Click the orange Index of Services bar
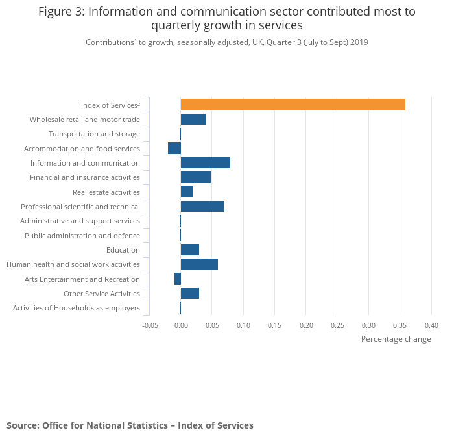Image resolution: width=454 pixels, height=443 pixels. [293, 105]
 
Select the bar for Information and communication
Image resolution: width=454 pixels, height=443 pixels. [205, 163]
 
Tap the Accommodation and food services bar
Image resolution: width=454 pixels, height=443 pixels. [174, 148]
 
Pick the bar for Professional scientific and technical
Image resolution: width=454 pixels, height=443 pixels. [202, 207]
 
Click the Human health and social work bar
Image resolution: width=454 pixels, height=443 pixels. [199, 264]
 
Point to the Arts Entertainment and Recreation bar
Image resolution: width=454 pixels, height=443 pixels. [178, 279]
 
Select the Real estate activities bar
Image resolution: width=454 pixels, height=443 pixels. [187, 192]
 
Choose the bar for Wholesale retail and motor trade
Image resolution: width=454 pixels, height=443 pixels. [193, 119]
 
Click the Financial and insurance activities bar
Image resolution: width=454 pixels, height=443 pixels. [196, 177]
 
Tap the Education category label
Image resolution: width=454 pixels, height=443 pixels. [123, 250]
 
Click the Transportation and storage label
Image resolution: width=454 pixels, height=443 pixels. [94, 134]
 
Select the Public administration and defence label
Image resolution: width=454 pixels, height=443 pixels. [82, 236]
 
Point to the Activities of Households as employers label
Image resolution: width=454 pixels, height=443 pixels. [77, 308]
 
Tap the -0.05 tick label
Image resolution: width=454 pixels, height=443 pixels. [150, 325]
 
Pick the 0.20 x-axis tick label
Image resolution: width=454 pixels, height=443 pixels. [306, 325]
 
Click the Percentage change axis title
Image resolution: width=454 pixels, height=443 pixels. [396, 339]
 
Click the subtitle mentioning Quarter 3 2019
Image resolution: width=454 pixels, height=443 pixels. [227, 42]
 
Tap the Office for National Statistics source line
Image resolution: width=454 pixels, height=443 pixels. [130, 425]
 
